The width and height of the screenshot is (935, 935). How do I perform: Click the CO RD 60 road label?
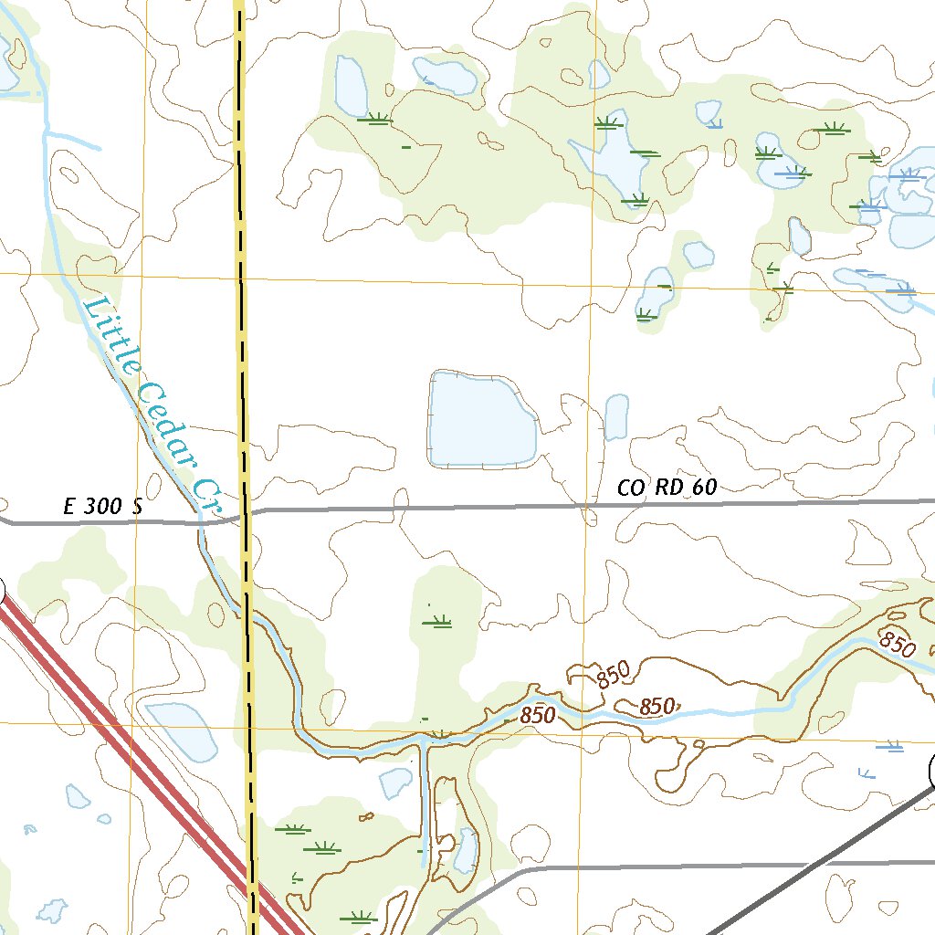coord(667,488)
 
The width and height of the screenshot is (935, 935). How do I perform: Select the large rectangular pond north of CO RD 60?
coord(480,420)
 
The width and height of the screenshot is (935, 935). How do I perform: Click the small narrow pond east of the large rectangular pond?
coord(616,416)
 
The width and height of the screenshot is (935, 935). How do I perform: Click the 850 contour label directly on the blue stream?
coord(538,716)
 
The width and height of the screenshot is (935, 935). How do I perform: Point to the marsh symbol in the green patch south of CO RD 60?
coord(438,623)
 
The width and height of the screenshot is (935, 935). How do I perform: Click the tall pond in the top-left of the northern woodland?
coord(351,87)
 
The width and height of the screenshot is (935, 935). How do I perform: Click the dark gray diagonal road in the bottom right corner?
coord(822,863)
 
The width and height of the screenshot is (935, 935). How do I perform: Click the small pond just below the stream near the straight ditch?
coord(395,782)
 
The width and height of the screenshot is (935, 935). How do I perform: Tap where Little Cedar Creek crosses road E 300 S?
coord(202,522)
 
